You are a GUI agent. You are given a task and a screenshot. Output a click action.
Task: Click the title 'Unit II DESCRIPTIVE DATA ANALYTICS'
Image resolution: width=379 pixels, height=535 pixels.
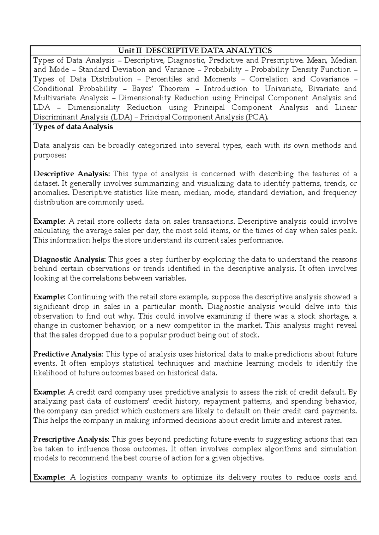point(195,50)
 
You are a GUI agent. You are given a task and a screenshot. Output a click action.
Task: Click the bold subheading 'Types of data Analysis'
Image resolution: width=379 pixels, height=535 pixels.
point(73,127)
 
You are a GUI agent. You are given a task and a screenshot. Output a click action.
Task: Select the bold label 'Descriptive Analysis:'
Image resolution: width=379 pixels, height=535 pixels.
point(72,174)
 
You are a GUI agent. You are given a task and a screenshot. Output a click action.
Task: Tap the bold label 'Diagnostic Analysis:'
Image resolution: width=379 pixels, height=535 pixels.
point(70,259)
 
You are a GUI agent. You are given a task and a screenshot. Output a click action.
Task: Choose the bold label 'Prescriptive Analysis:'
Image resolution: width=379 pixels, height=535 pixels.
point(72,439)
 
